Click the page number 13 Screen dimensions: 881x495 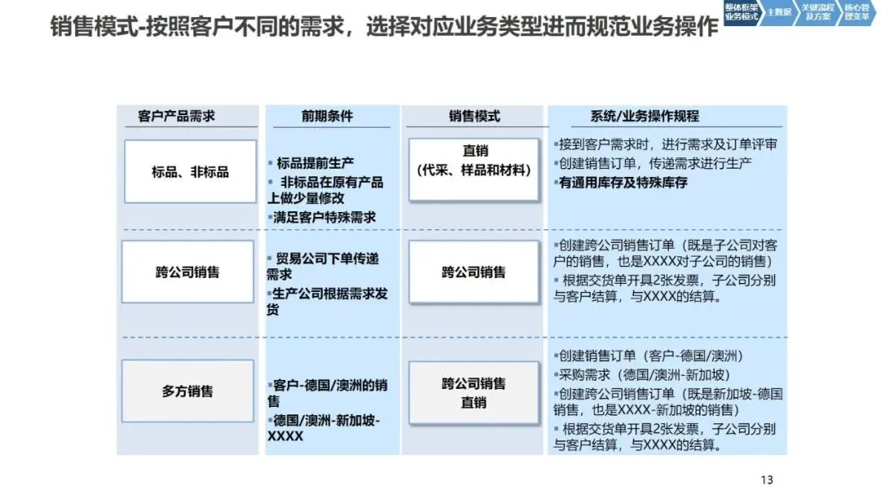[x=766, y=480]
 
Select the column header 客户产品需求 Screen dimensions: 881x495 [x=176, y=117]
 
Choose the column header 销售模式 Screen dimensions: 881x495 [x=474, y=117]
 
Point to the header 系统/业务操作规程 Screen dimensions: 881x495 [x=644, y=117]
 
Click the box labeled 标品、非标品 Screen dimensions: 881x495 [x=190, y=172]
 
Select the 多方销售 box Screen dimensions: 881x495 [x=188, y=391]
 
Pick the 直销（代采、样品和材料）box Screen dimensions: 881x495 [x=474, y=161]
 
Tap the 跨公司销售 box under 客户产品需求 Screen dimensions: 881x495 [x=188, y=272]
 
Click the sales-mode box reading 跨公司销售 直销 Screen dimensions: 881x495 [x=474, y=393]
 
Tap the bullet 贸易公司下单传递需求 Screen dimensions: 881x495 [x=323, y=266]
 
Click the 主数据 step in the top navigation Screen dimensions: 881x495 [x=779, y=12]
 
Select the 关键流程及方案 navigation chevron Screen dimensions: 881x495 [x=817, y=12]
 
